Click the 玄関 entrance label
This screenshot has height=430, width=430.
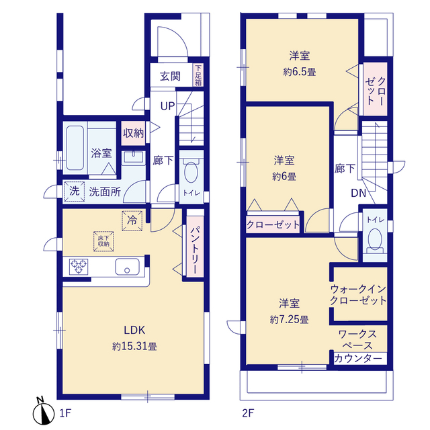coord(170,76)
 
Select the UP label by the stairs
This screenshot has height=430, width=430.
coord(167,106)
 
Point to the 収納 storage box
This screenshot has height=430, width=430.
coord(133,132)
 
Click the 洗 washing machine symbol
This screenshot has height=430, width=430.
coord(74,191)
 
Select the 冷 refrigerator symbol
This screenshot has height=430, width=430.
coord(132,219)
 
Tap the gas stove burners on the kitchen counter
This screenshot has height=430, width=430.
coord(79,267)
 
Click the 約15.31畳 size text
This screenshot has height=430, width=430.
coord(134,347)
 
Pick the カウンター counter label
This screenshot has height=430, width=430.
coord(359,359)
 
